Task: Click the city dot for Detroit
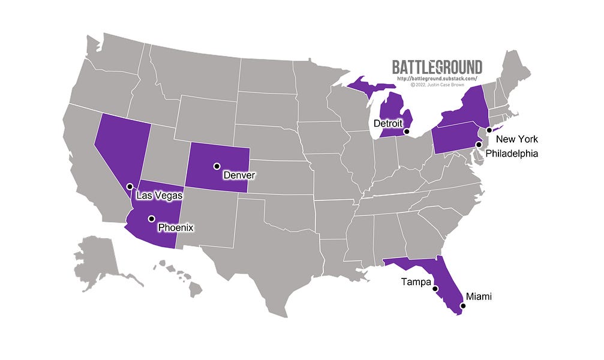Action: [406, 131]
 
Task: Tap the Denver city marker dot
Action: [217, 166]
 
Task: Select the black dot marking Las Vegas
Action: [130, 187]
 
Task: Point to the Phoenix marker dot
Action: [152, 218]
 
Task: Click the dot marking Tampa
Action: [435, 289]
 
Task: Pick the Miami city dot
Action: [462, 306]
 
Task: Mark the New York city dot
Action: [489, 130]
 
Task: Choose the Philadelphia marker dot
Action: [478, 145]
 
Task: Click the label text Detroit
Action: [388, 123]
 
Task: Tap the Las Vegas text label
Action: [160, 196]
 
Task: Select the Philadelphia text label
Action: [512, 154]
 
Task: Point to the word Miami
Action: [479, 296]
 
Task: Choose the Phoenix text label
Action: [176, 228]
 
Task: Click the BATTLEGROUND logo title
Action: [437, 67]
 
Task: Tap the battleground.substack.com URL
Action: [437, 78]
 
